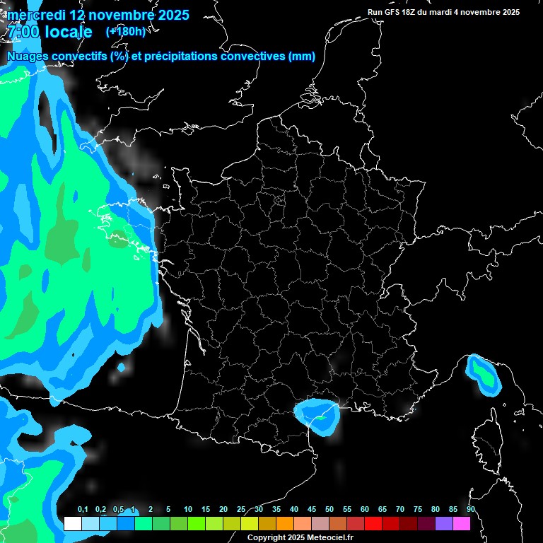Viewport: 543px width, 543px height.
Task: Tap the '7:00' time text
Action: tap(22, 32)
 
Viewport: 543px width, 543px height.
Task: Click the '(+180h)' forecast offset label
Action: tap(125, 31)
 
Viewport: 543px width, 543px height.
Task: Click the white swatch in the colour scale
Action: tap(72, 524)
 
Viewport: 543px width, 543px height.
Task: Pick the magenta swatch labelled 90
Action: tap(462, 524)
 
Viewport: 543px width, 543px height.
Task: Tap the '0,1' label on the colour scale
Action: tap(82, 510)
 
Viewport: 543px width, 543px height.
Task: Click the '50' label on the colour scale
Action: tap(329, 510)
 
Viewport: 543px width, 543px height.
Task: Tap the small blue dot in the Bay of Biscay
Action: tap(122, 368)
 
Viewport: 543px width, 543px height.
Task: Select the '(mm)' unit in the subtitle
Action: tap(302, 57)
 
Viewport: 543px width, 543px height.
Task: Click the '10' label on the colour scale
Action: tap(187, 510)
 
